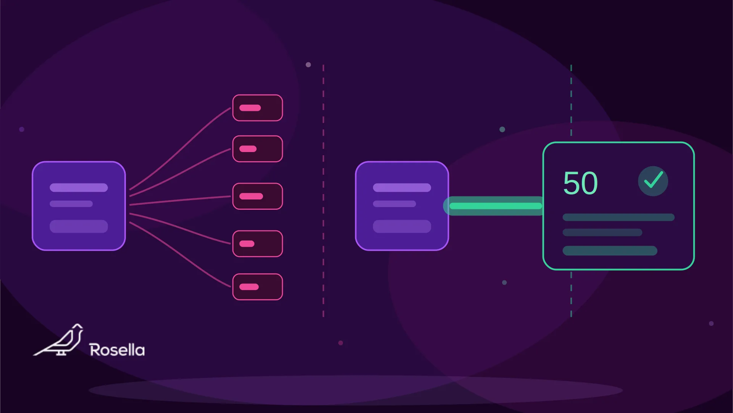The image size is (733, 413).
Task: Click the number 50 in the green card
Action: coord(580,183)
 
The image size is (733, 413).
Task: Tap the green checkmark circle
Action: coord(653,181)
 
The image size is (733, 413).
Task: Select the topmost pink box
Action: coord(258,108)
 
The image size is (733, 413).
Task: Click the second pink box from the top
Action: coord(258,149)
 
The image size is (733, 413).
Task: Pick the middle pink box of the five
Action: coord(258,196)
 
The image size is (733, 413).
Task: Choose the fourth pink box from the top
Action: coord(258,244)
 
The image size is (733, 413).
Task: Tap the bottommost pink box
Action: coord(258,287)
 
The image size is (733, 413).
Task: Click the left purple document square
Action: coord(79,206)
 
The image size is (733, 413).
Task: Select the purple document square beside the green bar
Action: coord(402,206)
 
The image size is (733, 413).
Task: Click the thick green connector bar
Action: coord(496,206)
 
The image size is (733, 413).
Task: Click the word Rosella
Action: coord(117,350)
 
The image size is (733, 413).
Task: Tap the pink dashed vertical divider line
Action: coord(323,191)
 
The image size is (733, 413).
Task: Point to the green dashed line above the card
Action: coord(571,100)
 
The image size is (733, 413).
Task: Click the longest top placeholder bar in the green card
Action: coord(618,217)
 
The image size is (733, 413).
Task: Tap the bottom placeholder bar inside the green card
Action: coord(610,251)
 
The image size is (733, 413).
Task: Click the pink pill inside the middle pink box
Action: coord(251,196)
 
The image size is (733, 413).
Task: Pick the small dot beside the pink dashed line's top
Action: coord(308,65)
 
